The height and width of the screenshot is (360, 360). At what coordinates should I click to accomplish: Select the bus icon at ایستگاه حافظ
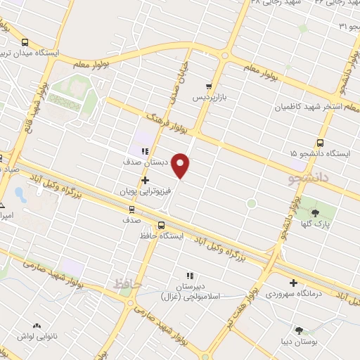click(162, 225)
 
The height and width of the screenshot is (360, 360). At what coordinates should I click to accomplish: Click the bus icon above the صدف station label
click(131, 209)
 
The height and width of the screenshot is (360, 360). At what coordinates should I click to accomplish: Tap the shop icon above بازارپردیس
click(209, 86)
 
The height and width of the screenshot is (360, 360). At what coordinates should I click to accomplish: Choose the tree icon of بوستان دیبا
click(300, 330)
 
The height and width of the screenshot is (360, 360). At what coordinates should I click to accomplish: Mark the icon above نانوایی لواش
click(36, 326)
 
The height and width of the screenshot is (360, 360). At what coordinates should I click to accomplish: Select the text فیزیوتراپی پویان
click(145, 191)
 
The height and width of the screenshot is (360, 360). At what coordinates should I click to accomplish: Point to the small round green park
click(251, 204)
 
